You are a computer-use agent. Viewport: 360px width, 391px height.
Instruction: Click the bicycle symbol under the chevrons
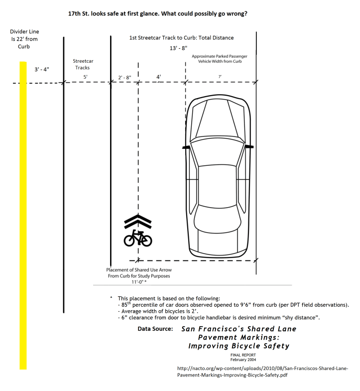pos(138,238)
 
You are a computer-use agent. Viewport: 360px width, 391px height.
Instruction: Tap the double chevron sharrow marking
pos(138,221)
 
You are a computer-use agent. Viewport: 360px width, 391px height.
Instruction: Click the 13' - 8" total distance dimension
pos(178,48)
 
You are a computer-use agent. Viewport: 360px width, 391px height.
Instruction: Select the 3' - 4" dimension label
pos(42,69)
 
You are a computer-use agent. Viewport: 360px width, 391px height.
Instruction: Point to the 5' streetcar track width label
pos(85,77)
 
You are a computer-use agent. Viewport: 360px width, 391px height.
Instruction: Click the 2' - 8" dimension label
pos(124,78)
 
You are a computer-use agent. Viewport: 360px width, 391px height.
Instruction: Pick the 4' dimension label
pos(158,77)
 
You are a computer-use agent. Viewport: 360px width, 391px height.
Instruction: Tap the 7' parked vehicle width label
pos(220,77)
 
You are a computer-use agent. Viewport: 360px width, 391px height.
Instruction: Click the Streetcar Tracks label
pos(83,64)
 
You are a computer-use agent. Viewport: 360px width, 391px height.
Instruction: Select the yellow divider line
pos(23,216)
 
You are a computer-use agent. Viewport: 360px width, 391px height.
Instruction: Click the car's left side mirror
pos(186,147)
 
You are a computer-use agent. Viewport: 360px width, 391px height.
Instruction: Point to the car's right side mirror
pos(249,146)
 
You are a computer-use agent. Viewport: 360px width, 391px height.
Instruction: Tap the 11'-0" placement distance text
pos(139,282)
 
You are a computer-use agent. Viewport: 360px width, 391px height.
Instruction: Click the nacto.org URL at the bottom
pos(262,372)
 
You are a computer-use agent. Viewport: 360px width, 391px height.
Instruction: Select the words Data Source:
pos(155,329)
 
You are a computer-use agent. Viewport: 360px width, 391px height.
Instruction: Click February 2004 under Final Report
pos(243,360)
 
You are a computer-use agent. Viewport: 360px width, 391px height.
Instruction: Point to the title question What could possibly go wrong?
pos(204,13)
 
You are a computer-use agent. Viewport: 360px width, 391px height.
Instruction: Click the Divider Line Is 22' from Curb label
pos(24,39)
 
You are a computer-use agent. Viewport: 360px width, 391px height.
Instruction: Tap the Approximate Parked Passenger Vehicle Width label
pos(220,59)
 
